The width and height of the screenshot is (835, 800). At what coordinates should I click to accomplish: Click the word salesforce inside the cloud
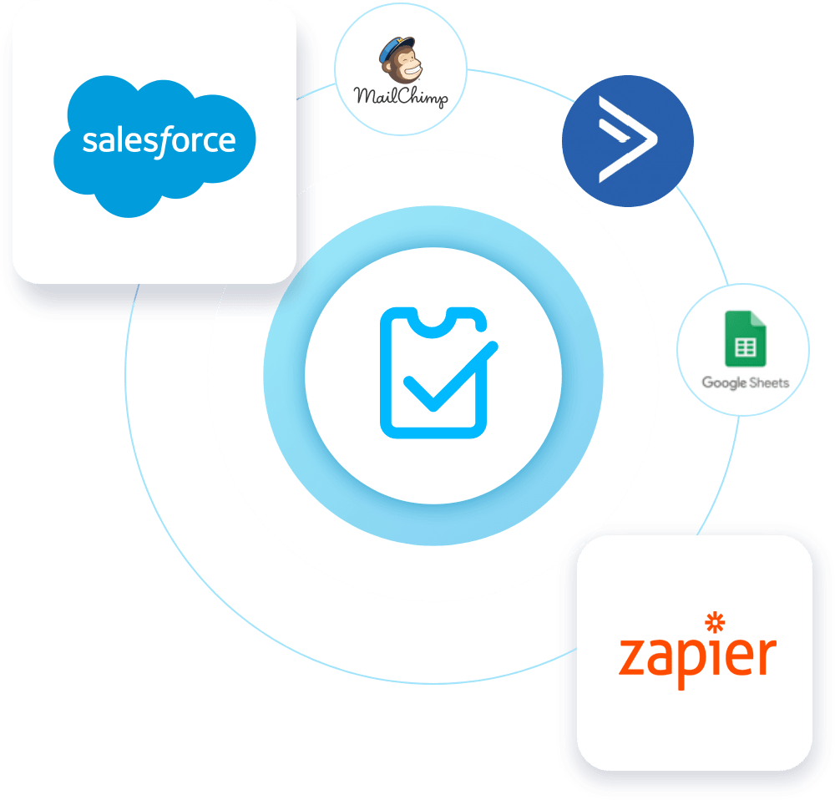(x=159, y=139)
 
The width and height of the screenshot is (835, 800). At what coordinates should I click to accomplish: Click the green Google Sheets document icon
(x=746, y=338)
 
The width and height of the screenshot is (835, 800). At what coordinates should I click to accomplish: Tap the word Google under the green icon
(x=723, y=383)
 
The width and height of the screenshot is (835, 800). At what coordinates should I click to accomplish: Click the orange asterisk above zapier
(x=715, y=622)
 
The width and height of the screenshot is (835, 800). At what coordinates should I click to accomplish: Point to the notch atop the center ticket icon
(x=433, y=317)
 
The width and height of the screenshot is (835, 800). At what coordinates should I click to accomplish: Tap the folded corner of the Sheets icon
(x=758, y=320)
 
